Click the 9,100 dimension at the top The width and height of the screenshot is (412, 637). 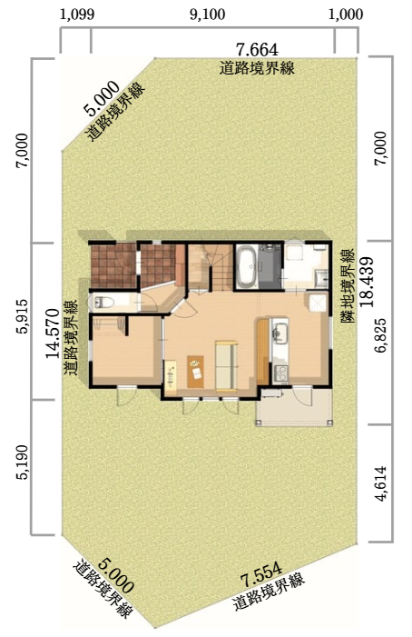[207, 15]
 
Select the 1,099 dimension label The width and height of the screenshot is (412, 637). [77, 15]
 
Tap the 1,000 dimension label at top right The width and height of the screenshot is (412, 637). [346, 15]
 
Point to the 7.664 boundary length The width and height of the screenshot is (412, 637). [258, 50]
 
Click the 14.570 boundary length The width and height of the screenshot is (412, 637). [53, 333]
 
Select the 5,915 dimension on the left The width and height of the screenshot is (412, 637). [23, 316]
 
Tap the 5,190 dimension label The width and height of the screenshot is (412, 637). [23, 463]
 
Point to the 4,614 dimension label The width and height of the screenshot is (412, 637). [382, 483]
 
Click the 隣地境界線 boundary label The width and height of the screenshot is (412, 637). [348, 286]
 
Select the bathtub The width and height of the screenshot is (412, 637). [246, 266]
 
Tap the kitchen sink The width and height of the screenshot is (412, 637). [280, 332]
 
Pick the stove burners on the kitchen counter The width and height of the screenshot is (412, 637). [280, 373]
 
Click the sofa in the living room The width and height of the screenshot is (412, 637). [226, 365]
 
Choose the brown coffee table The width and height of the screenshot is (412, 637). [195, 372]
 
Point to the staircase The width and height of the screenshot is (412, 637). [210, 267]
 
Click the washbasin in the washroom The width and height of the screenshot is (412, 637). [321, 277]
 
